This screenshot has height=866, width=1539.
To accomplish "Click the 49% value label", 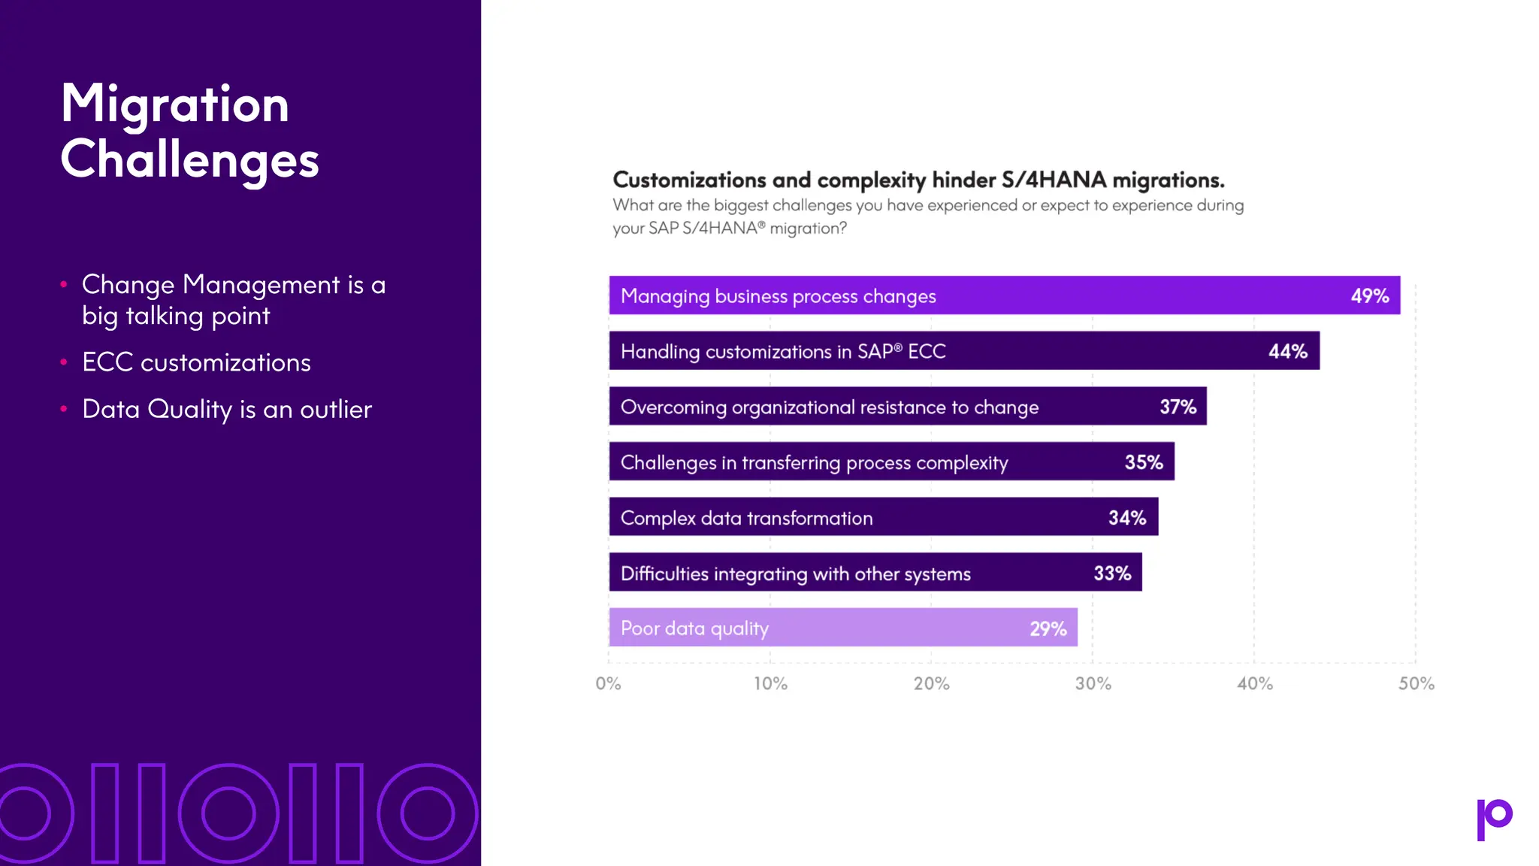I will point(1369,296).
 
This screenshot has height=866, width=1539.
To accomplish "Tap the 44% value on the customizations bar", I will point(1287,352).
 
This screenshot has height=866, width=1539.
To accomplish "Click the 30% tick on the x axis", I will point(1093,683).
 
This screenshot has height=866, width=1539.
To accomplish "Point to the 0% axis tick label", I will point(608,683).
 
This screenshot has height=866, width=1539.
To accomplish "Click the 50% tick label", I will point(1416,683).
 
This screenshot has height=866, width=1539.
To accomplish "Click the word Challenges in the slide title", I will point(189,160).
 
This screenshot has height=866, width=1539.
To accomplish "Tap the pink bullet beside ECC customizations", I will point(64,362).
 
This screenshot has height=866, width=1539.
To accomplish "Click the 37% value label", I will point(1178,407).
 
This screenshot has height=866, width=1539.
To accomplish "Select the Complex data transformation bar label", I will point(746,518).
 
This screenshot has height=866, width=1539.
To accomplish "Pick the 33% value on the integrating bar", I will point(1112,574).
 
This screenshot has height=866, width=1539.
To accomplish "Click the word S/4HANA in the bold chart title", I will point(1054,180).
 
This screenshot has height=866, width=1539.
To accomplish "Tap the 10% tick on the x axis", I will point(770,683).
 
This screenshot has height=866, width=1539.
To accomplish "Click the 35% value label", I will point(1143,462).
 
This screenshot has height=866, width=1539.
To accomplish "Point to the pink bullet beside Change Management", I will point(64,285).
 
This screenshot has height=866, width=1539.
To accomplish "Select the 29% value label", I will point(1048,628).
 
